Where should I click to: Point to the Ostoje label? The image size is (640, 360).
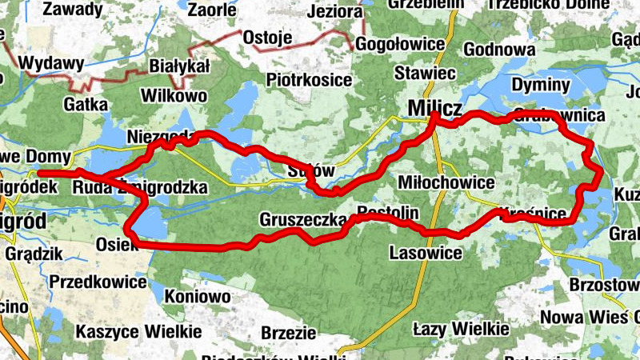tap(265, 38)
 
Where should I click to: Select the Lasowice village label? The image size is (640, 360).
tap(426, 253)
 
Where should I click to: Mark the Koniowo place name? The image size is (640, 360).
tap(198, 296)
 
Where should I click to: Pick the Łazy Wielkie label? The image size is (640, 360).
tap(460, 329)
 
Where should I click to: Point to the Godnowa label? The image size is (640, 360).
tap(499, 50)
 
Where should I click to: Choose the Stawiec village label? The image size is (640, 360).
tap(425, 73)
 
